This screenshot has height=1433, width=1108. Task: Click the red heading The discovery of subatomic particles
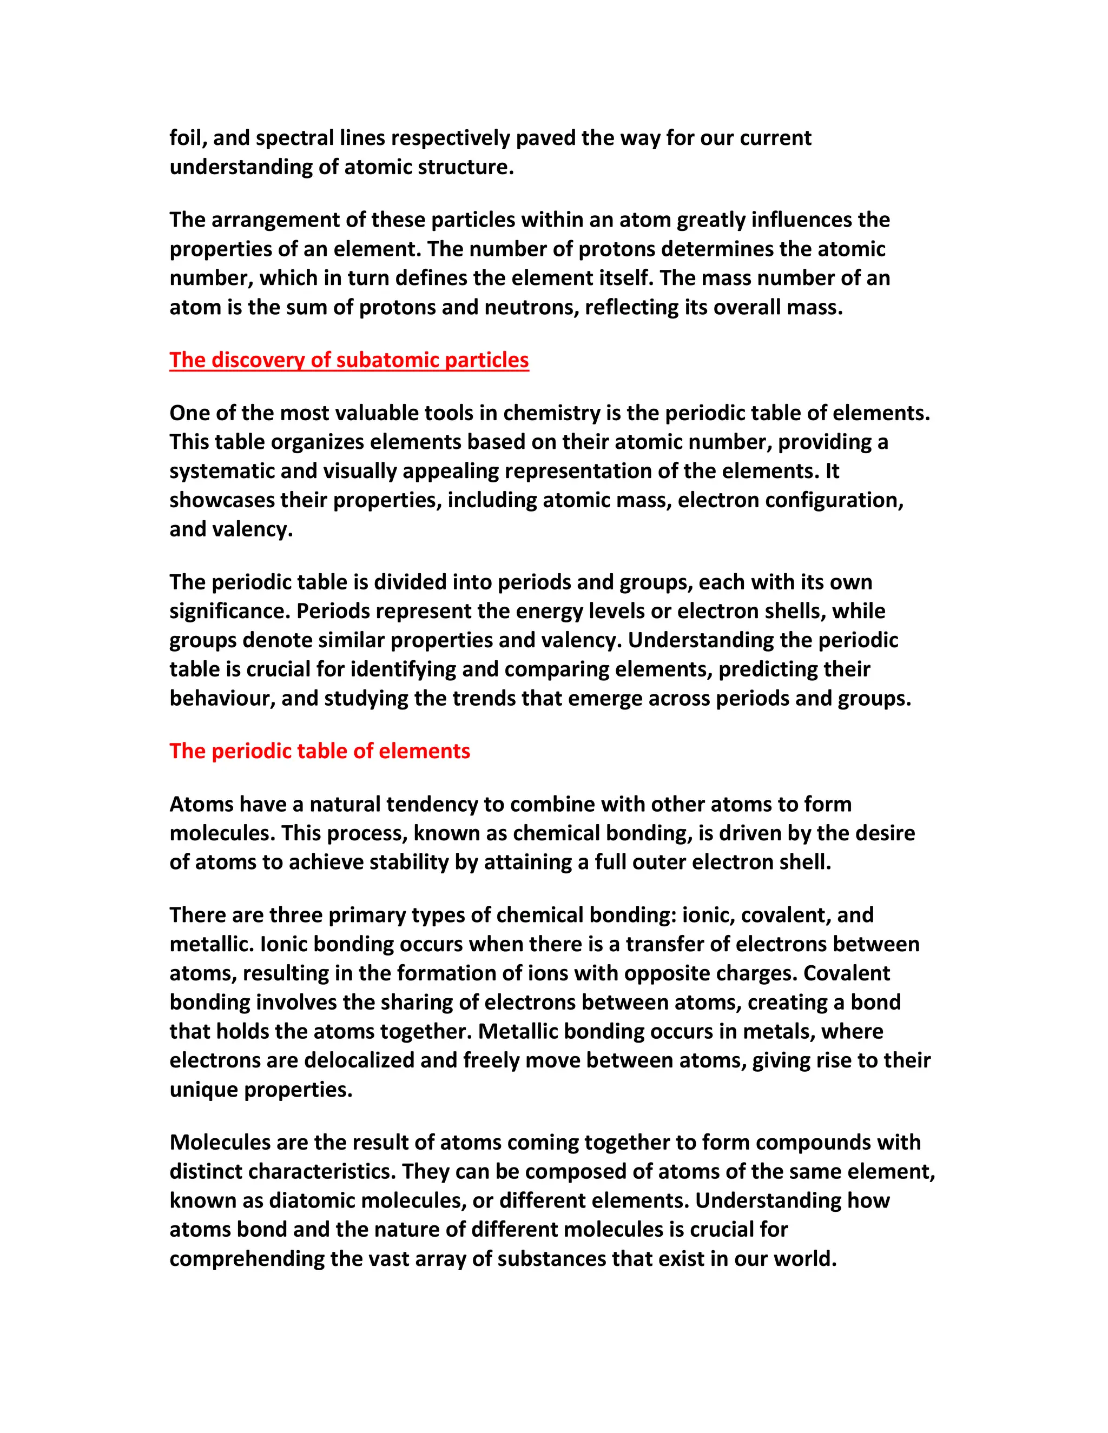348,360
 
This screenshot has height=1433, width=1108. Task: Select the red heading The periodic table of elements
320,751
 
